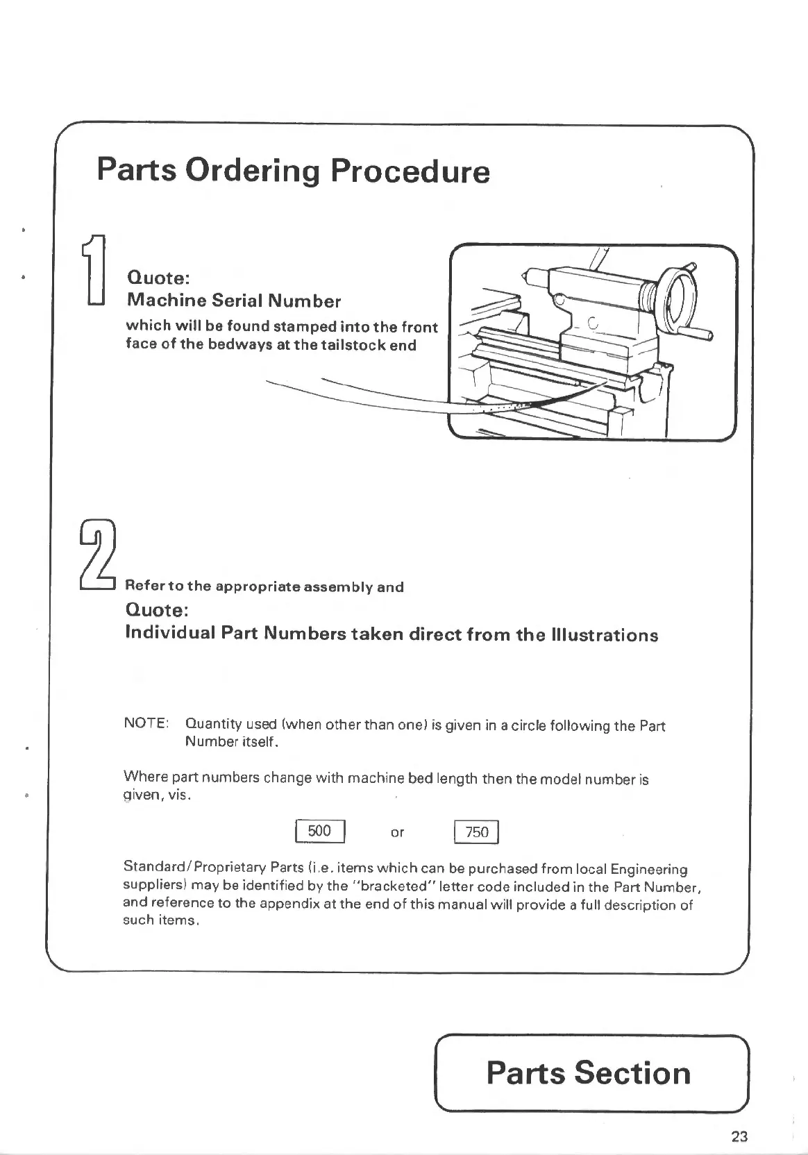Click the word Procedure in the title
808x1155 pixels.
pyautogui.click(x=410, y=171)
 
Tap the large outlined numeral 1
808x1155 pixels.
pyautogui.click(x=94, y=269)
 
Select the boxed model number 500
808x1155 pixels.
pyautogui.click(x=319, y=831)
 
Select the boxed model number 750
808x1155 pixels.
pyautogui.click(x=477, y=832)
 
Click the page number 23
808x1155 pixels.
pyautogui.click(x=739, y=1136)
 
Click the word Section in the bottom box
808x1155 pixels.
pyautogui.click(x=632, y=1072)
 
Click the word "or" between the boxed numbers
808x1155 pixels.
pyautogui.click(x=397, y=832)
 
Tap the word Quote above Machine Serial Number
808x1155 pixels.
pyautogui.click(x=158, y=278)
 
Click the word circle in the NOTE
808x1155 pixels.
pyautogui.click(x=528, y=726)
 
